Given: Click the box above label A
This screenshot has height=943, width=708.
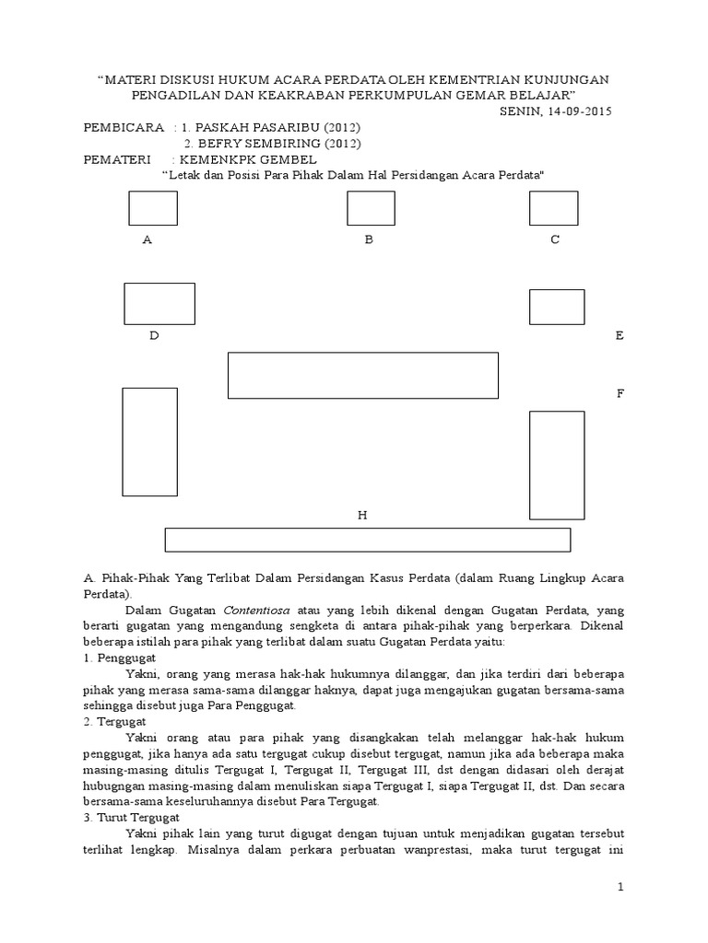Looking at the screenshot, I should click(152, 208).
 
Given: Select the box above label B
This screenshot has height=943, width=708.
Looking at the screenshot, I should click(371, 208).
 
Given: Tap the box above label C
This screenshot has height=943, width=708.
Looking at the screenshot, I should click(553, 208).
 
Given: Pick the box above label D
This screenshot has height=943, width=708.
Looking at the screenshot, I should click(159, 304).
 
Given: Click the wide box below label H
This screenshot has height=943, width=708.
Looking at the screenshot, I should click(367, 540).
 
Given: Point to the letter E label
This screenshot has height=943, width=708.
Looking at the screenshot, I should click(620, 336).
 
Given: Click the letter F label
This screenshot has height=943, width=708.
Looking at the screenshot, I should click(620, 394).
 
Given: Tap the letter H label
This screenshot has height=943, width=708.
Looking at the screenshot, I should click(363, 516).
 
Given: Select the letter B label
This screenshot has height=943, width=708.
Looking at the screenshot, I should click(368, 240).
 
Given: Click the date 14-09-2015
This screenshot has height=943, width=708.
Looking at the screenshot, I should click(577, 111).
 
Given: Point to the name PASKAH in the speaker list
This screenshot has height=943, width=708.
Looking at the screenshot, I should click(225, 127).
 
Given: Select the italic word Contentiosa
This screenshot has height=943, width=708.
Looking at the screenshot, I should click(249, 610).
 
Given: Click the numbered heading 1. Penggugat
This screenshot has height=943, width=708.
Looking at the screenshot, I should click(120, 659).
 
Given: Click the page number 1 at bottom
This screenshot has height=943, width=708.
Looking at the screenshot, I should click(621, 886).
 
